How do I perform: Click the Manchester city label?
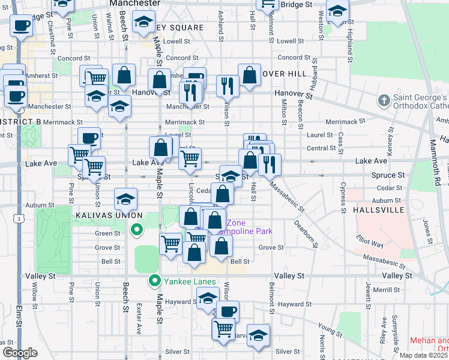(x=135, y=4)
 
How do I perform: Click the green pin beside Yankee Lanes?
(x=154, y=280)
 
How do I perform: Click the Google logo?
(x=20, y=353)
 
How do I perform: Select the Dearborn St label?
(x=305, y=233)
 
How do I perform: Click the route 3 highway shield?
(x=20, y=220)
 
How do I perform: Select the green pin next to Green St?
(x=136, y=229)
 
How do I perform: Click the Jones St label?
(x=427, y=228)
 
